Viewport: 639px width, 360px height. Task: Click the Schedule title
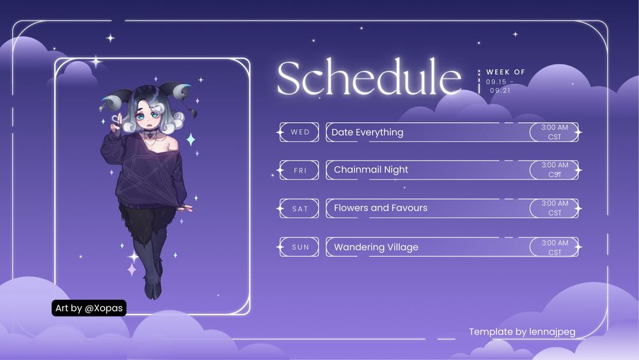[x=369, y=78]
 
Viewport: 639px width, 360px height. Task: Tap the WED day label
[x=300, y=132]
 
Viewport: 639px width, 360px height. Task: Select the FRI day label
[x=300, y=171]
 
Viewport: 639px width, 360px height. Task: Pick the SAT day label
[x=300, y=209]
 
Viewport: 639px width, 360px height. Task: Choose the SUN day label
[x=300, y=247]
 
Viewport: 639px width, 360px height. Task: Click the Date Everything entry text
[x=367, y=132]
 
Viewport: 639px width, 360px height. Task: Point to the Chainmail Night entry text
[x=371, y=170]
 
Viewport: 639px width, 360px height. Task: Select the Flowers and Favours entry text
[x=380, y=208]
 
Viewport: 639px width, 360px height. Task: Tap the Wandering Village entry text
[x=376, y=247]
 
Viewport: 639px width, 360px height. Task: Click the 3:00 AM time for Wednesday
[x=555, y=128]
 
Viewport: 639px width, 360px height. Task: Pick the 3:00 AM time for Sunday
[x=555, y=243]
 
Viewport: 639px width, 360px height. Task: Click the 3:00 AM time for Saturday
[x=555, y=204]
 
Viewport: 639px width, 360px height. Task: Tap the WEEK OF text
[x=505, y=72]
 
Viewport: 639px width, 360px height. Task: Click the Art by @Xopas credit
[x=89, y=308]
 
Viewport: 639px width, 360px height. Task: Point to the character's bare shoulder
[x=171, y=142]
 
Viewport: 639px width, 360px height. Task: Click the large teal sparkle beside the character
[x=190, y=139]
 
